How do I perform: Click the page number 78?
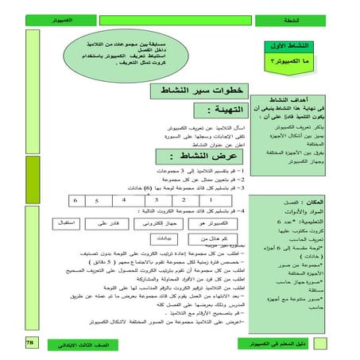click(x=29, y=342)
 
